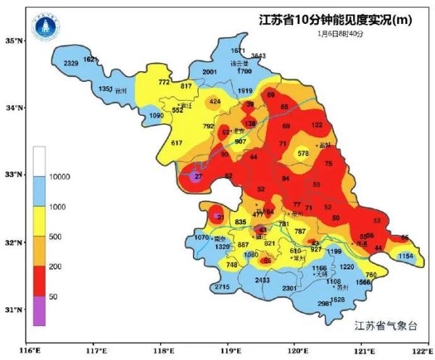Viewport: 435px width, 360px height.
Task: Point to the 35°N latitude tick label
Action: click(14, 41)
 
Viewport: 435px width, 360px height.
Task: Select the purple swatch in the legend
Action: click(39, 310)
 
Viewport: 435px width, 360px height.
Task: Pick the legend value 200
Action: click(55, 267)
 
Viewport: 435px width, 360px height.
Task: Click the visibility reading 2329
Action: click(71, 64)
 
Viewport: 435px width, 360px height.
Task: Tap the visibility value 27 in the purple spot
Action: click(199, 176)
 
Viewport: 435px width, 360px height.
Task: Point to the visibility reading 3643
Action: click(258, 56)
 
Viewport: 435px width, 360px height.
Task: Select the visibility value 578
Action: click(303, 153)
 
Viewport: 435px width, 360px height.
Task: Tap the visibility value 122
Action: click(317, 125)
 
